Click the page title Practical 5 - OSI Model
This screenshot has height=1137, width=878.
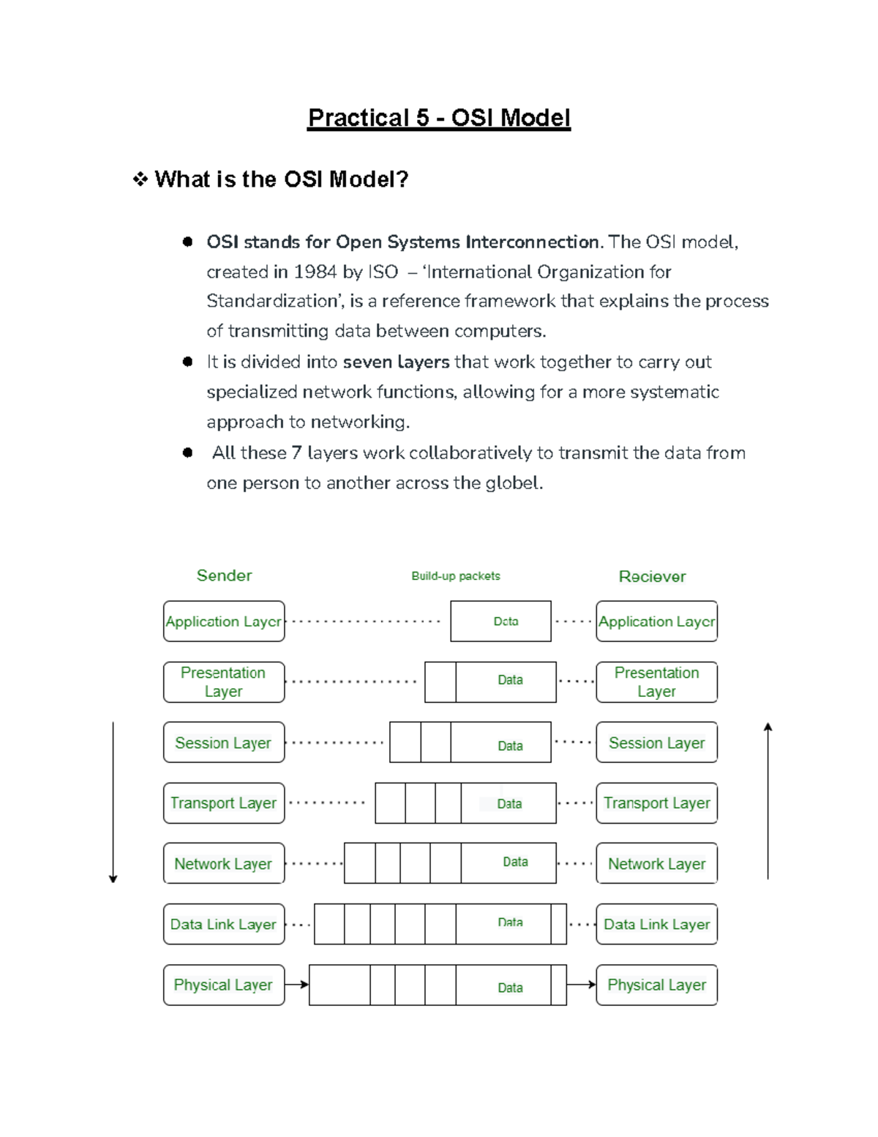438,118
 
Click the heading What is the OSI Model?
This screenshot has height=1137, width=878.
281,179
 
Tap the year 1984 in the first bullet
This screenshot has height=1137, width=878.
315,272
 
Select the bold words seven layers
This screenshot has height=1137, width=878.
396,362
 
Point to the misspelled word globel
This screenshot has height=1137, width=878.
514,483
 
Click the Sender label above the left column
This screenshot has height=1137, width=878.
224,575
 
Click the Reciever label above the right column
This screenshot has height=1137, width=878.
652,577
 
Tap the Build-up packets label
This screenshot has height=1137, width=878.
455,576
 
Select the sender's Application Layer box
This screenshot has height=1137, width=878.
224,622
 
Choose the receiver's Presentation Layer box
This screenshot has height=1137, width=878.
656,682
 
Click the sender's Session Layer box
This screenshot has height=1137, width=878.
224,743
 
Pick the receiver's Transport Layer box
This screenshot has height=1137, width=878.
656,803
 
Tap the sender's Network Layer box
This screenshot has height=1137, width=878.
224,864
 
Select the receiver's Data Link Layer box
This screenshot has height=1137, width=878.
656,925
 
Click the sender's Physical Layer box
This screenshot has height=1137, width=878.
224,985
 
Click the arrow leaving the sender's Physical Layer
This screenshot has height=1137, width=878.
296,985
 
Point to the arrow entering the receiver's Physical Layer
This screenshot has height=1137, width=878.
581,985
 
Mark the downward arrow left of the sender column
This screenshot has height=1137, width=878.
113,802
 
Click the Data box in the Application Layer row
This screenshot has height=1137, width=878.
500,622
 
